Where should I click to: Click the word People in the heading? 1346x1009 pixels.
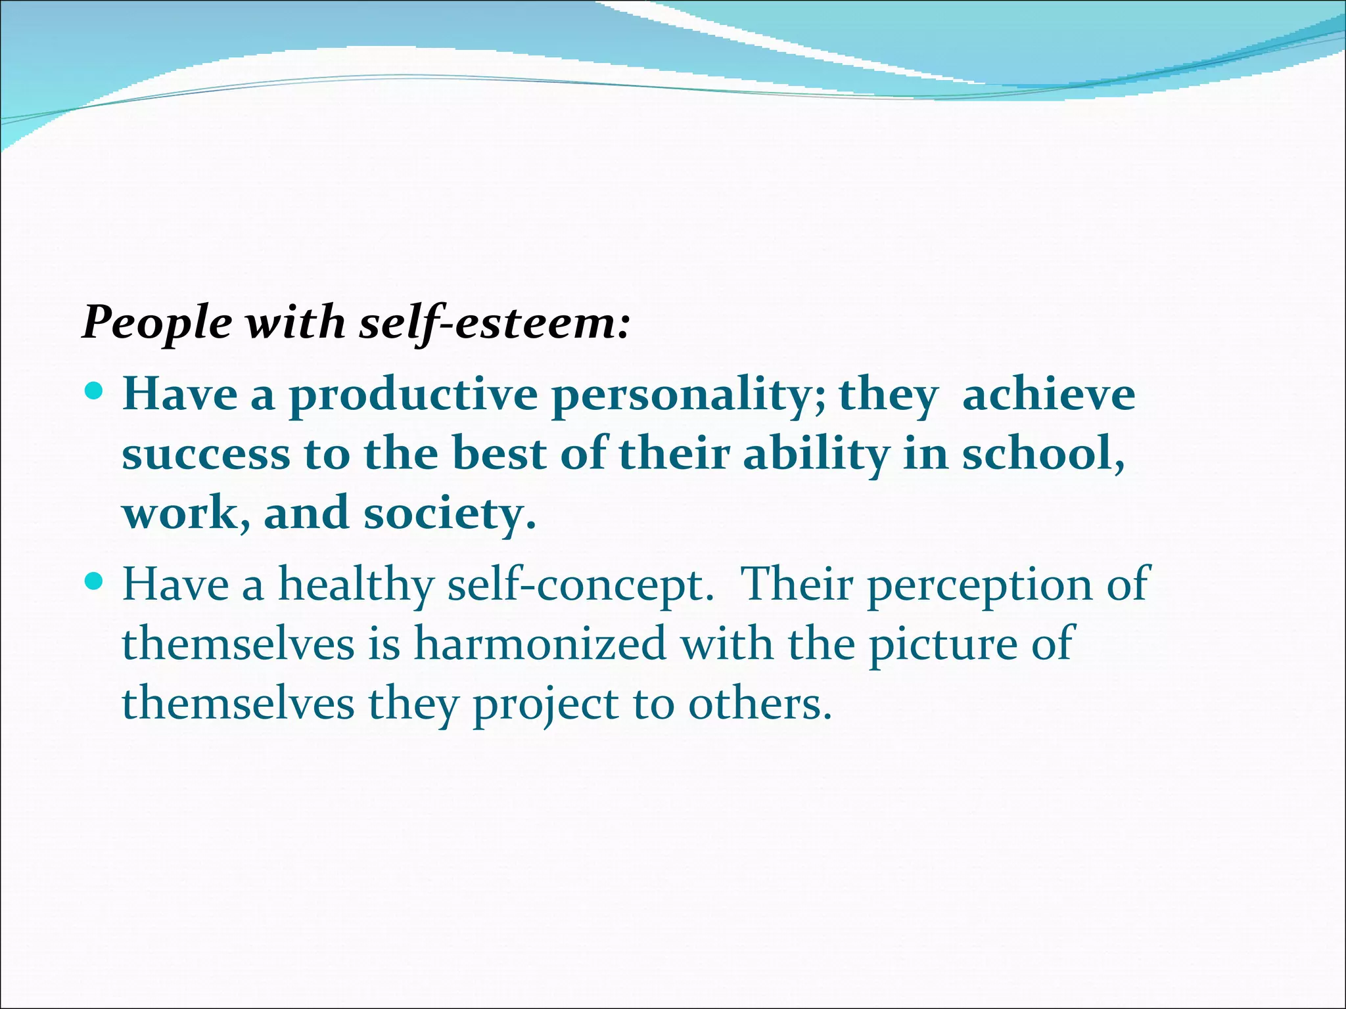157,323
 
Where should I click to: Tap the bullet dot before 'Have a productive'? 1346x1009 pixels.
95,392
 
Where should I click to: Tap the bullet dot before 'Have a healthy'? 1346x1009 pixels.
95,581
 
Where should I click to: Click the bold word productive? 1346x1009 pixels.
413,395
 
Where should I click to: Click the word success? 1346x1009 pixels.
206,455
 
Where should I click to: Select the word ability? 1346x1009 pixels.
816,455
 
